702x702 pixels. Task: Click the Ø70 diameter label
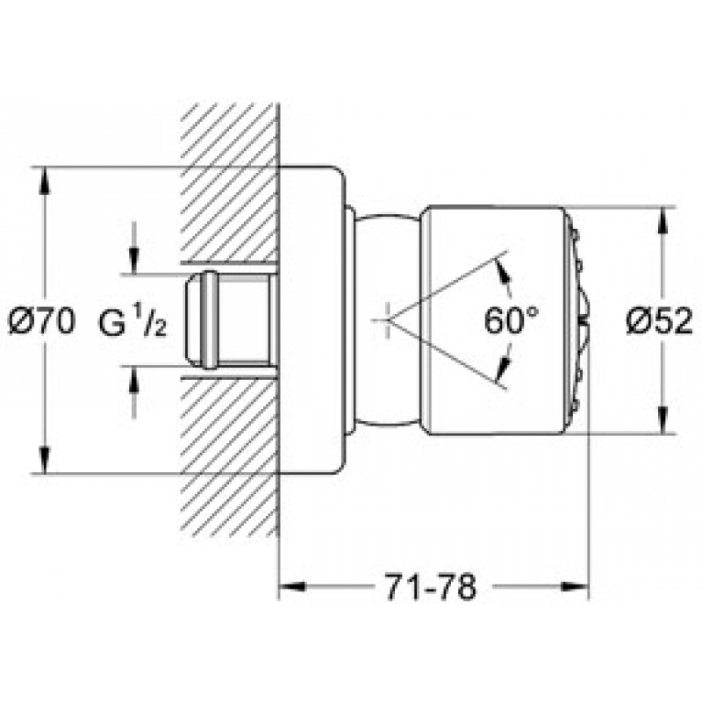pyautogui.click(x=42, y=321)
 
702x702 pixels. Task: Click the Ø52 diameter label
pyautogui.click(x=659, y=321)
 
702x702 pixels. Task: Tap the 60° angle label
pyautogui.click(x=512, y=320)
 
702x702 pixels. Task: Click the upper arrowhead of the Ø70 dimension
pyautogui.click(x=43, y=181)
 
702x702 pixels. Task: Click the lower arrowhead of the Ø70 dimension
pyautogui.click(x=43, y=460)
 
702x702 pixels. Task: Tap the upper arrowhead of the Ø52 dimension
pyautogui.click(x=663, y=221)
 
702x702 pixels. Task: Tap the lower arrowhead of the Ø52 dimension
pyautogui.click(x=663, y=420)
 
